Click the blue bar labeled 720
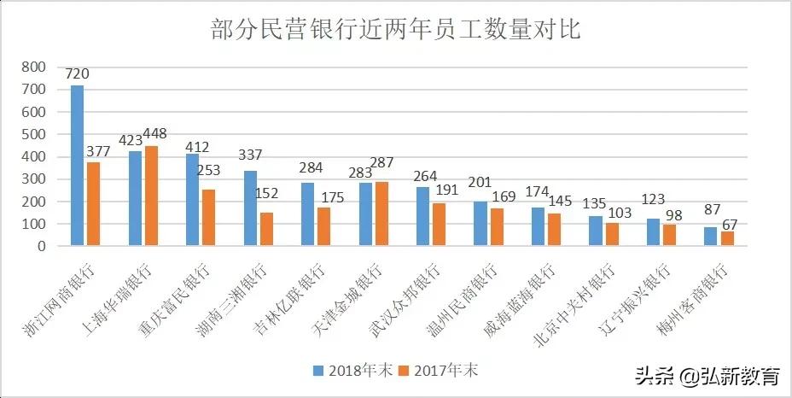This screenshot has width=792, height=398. (x=77, y=166)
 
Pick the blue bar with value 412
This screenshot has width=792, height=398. (x=193, y=200)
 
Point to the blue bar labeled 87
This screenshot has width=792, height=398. (x=710, y=237)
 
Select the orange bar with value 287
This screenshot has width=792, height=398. (x=381, y=214)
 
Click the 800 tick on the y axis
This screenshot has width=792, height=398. (x=33, y=67)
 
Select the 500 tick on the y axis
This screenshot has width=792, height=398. (x=33, y=134)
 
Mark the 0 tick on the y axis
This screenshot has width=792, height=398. (x=40, y=246)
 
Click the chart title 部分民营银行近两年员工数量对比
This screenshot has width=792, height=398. (x=395, y=31)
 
